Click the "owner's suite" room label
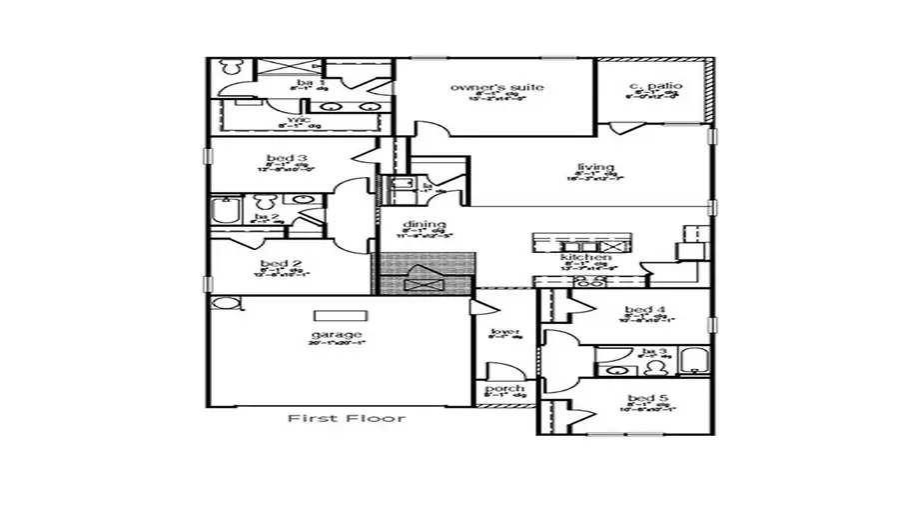496,88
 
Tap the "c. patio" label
655,87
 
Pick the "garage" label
337,334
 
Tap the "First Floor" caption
347,417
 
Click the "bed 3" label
279,159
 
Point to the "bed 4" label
638,310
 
